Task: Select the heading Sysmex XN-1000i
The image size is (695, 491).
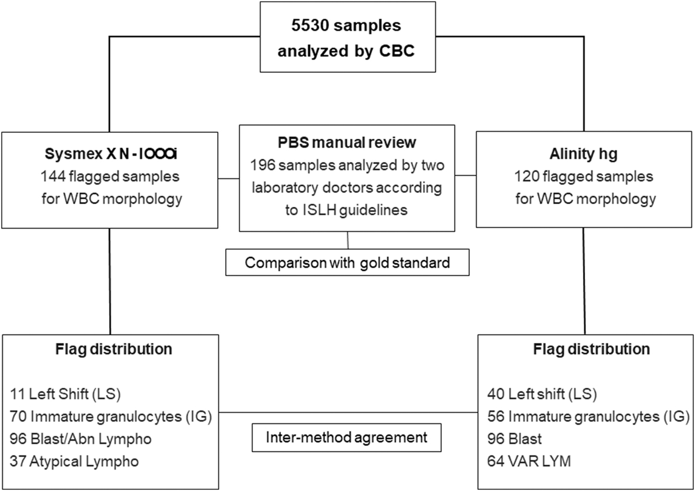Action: [x=110, y=154]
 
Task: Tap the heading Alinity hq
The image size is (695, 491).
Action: [x=584, y=154]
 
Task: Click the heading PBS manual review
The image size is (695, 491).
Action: [x=347, y=142]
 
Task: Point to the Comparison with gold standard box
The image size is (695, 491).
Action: [x=347, y=262]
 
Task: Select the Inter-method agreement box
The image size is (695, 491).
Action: [x=346, y=437]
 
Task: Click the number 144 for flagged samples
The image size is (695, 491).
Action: [x=52, y=176]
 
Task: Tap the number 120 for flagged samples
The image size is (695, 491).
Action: [x=526, y=176]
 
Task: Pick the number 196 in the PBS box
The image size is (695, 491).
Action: [x=262, y=165]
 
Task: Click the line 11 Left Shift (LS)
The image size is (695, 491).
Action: [x=65, y=394]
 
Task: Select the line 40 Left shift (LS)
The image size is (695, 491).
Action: [x=542, y=394]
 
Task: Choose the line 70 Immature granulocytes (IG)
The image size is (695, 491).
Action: [x=110, y=417]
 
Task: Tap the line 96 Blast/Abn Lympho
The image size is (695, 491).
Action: [x=80, y=439]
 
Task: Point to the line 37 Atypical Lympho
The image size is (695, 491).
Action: [x=74, y=461]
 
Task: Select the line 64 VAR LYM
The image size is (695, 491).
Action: [x=529, y=461]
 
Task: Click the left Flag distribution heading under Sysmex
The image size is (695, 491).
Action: [x=114, y=349]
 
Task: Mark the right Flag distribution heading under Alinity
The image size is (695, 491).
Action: [x=591, y=349]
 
